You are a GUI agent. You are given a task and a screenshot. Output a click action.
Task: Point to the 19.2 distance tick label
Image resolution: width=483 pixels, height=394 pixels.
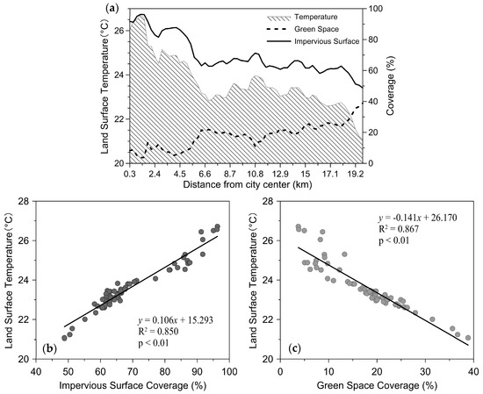click(356, 176)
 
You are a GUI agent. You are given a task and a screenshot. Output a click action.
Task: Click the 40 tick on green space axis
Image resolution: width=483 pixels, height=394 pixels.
click(472, 372)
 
